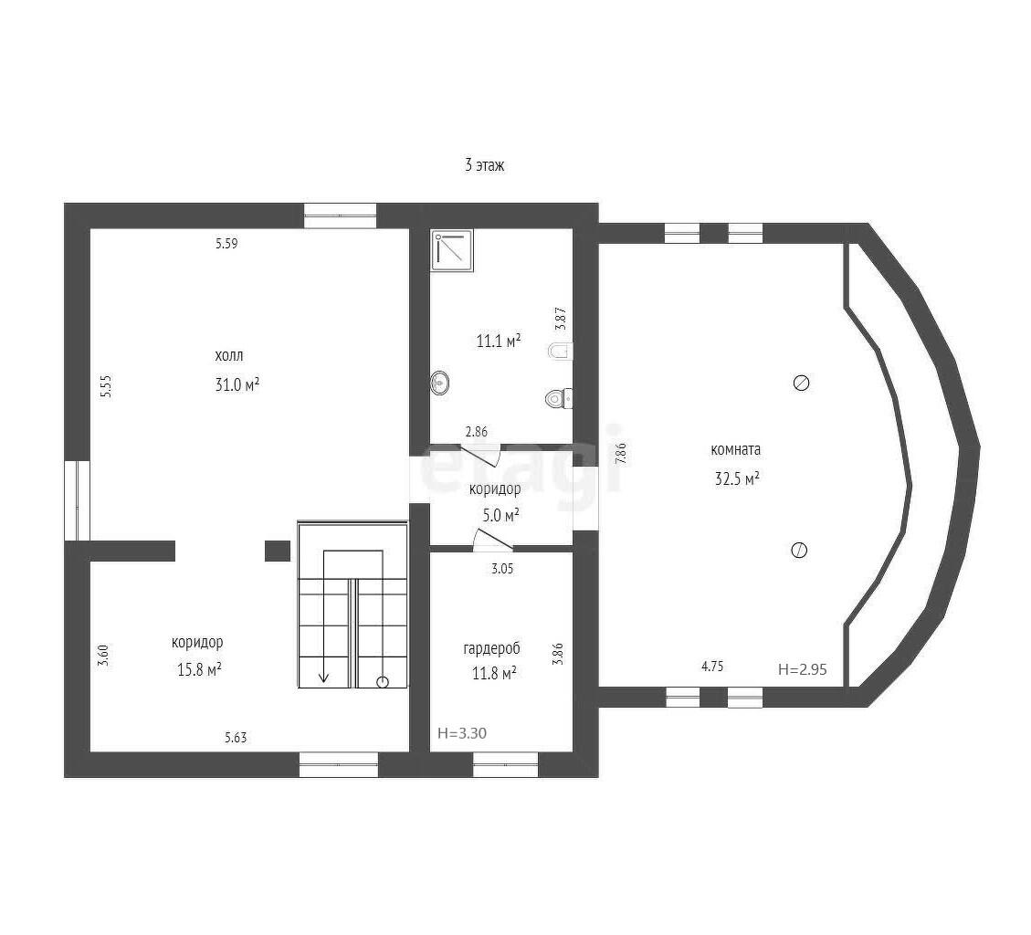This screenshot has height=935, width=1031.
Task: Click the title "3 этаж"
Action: [485, 165]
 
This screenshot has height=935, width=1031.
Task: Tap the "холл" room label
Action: [229, 356]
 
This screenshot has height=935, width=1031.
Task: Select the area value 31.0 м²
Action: [237, 384]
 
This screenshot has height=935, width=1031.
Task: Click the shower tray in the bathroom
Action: [452, 250]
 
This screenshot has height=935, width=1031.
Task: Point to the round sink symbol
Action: [440, 383]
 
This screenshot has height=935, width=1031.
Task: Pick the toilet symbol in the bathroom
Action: [560, 398]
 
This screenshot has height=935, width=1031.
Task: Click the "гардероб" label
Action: [492, 648]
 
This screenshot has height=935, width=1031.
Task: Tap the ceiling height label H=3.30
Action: [462, 733]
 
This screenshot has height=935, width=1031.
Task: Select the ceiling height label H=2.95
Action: [802, 670]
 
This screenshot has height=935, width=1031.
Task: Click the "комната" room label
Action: [736, 450]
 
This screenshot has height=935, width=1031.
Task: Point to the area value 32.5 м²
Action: [737, 478]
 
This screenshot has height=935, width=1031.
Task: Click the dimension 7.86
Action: [621, 454]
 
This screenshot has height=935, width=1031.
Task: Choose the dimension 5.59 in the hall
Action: [226, 244]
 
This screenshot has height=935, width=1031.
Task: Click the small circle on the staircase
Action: [383, 682]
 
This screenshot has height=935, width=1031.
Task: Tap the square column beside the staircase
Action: [278, 551]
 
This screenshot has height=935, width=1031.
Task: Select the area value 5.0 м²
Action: [501, 516]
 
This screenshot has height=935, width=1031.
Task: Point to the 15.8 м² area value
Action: [198, 670]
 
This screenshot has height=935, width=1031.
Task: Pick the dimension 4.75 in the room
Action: [712, 667]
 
